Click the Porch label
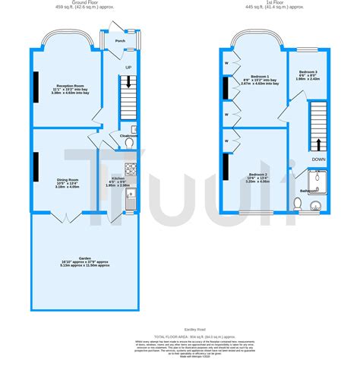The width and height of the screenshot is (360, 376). click(x=120, y=41)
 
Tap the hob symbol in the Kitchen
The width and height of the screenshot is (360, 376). click(x=131, y=169)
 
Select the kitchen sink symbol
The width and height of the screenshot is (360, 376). click(x=131, y=202)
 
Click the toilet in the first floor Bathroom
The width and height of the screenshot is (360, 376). click(x=298, y=204)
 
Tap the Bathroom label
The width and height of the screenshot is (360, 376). click(x=309, y=191)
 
